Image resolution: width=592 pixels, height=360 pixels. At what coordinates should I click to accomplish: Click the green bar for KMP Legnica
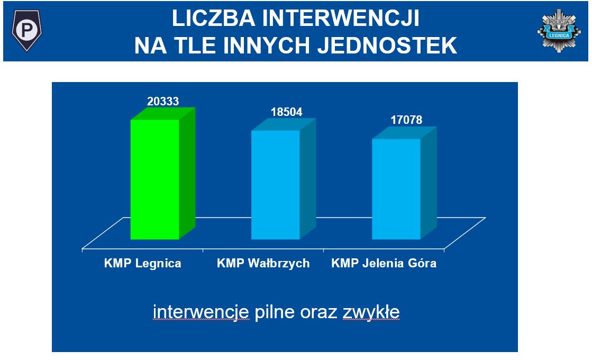[163, 174]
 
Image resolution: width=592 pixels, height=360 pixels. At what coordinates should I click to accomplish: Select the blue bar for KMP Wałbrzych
[284, 179]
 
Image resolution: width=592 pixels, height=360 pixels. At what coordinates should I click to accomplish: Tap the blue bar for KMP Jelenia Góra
[404, 183]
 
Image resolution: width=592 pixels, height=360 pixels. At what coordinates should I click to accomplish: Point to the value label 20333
[163, 101]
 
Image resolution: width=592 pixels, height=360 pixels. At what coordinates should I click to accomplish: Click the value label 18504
[287, 112]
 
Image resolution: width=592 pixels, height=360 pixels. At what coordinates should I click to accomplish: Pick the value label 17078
[406, 120]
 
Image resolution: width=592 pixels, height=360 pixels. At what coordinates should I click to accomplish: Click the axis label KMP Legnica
[143, 263]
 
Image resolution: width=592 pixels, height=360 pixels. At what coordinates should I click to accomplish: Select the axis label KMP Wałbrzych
[263, 263]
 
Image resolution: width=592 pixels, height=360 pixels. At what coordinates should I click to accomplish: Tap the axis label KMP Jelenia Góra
[384, 263]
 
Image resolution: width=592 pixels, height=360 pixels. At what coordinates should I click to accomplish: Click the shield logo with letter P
[26, 30]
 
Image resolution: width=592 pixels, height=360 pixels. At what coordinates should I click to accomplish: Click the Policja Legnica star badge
[559, 31]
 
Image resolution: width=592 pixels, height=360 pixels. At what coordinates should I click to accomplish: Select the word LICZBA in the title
[214, 18]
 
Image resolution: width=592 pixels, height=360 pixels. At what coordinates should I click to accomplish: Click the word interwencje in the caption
[201, 312]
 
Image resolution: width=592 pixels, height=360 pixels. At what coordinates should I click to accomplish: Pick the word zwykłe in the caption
[371, 312]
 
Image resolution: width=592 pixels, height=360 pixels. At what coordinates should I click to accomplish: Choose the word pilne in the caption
[275, 312]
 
